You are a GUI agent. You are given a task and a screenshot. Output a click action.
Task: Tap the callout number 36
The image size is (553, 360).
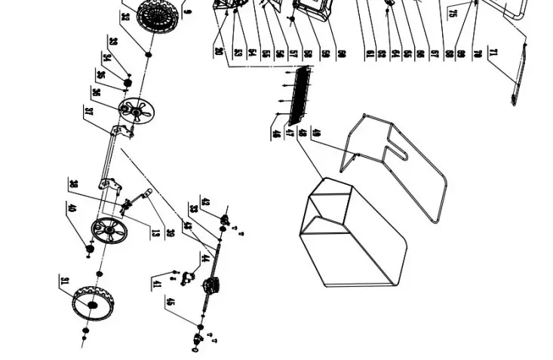point(96,92)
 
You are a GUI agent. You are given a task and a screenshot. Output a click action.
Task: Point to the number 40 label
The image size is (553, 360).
point(72,208)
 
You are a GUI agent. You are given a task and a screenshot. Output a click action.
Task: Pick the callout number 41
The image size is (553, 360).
point(157,284)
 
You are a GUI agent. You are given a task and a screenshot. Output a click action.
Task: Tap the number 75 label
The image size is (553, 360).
point(453,13)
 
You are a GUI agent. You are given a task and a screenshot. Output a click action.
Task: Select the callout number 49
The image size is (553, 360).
point(315,133)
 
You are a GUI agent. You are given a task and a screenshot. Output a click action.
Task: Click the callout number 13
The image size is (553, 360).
point(155,232)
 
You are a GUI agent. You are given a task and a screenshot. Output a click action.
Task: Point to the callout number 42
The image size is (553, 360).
point(204,203)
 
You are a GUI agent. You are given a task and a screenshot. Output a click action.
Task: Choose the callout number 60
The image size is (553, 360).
point(342,54)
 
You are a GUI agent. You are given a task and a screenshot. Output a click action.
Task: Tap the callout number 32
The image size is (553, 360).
point(125,17)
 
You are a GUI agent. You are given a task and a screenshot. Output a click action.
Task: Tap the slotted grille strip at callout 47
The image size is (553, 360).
point(300,95)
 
